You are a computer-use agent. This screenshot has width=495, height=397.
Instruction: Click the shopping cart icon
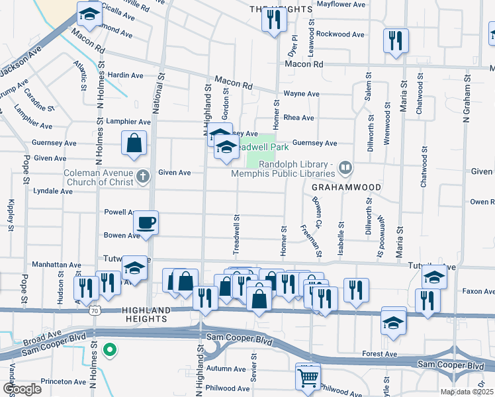pyautogui.click(x=308, y=378)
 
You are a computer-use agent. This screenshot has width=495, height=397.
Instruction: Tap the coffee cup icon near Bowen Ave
pyautogui.click(x=146, y=222)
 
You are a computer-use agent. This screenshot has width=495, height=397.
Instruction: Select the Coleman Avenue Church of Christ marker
pyautogui.click(x=143, y=175)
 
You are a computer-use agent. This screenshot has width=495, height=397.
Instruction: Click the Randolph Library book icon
pyautogui.click(x=343, y=167)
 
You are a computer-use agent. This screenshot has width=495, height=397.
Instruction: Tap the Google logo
pyautogui.click(x=21, y=388)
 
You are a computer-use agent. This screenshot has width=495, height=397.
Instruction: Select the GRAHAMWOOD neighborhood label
pyautogui.click(x=346, y=187)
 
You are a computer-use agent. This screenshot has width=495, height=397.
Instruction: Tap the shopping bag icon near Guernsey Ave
pyautogui.click(x=134, y=143)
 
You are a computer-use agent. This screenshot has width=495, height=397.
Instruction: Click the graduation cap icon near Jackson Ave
pyautogui.click(x=89, y=14)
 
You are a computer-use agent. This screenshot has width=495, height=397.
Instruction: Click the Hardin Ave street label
pyautogui.click(x=125, y=75)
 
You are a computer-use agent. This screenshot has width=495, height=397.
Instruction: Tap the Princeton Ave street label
pyautogui.click(x=64, y=382)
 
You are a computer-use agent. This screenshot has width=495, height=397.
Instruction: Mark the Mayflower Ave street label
pyautogui.click(x=341, y=4)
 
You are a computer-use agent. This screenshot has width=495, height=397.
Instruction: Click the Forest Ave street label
pyautogui.click(x=380, y=354)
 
